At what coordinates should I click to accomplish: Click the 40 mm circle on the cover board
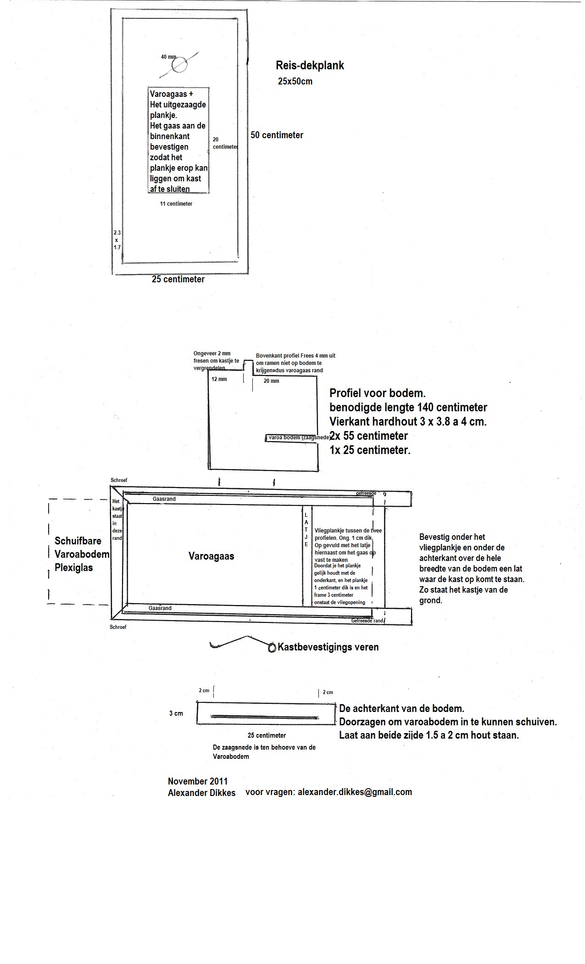click(x=179, y=65)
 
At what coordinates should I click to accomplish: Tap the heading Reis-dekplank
click(x=310, y=66)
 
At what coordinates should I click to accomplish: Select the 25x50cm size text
click(x=295, y=81)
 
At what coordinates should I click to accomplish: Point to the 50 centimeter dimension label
click(x=277, y=135)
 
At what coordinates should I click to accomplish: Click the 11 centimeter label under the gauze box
click(x=176, y=203)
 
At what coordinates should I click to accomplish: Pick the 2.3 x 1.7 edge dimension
click(x=117, y=240)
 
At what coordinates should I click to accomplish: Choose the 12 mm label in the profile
click(x=219, y=380)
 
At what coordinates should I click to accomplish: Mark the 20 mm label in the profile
click(x=271, y=381)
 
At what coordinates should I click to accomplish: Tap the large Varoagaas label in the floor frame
click(x=211, y=556)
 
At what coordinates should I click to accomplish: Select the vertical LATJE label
click(x=306, y=530)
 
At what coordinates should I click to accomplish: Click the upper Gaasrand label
click(x=164, y=499)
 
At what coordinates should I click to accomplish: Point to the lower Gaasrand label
click(x=160, y=608)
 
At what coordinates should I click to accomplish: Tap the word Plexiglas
click(x=73, y=568)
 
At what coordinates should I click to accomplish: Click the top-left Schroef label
click(x=119, y=480)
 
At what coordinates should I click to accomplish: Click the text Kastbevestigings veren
click(x=328, y=647)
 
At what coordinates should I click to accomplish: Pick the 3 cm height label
click(x=176, y=713)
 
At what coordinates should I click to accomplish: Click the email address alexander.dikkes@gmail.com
click(x=355, y=792)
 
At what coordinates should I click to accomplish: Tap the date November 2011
click(x=197, y=781)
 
